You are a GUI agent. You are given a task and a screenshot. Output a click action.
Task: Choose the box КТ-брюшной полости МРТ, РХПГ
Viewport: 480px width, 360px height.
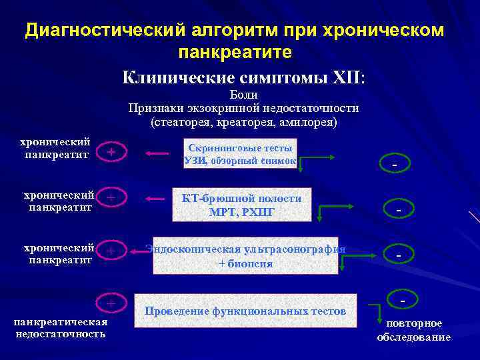(x=242, y=205)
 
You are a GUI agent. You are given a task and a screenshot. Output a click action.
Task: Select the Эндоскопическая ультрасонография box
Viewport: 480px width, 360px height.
(x=245, y=255)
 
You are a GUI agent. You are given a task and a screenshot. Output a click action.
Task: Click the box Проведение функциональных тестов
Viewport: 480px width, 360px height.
(x=245, y=311)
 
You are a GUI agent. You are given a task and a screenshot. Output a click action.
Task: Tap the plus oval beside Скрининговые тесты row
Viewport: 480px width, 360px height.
(x=111, y=153)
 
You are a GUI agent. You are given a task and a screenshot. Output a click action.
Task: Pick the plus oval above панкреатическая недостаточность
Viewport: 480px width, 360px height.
(x=111, y=303)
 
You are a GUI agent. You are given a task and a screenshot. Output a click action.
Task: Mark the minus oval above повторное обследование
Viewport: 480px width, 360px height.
(x=403, y=302)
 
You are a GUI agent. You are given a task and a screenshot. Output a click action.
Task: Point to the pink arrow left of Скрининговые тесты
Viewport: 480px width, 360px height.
(x=158, y=154)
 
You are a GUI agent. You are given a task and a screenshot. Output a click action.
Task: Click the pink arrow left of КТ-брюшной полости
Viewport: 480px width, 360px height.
(x=158, y=199)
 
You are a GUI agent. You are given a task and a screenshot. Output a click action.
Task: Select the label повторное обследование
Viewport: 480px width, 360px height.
(x=413, y=330)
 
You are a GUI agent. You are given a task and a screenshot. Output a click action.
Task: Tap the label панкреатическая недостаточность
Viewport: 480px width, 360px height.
(x=61, y=327)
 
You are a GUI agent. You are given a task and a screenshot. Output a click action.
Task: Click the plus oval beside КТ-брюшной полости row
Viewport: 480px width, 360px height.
(x=111, y=198)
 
